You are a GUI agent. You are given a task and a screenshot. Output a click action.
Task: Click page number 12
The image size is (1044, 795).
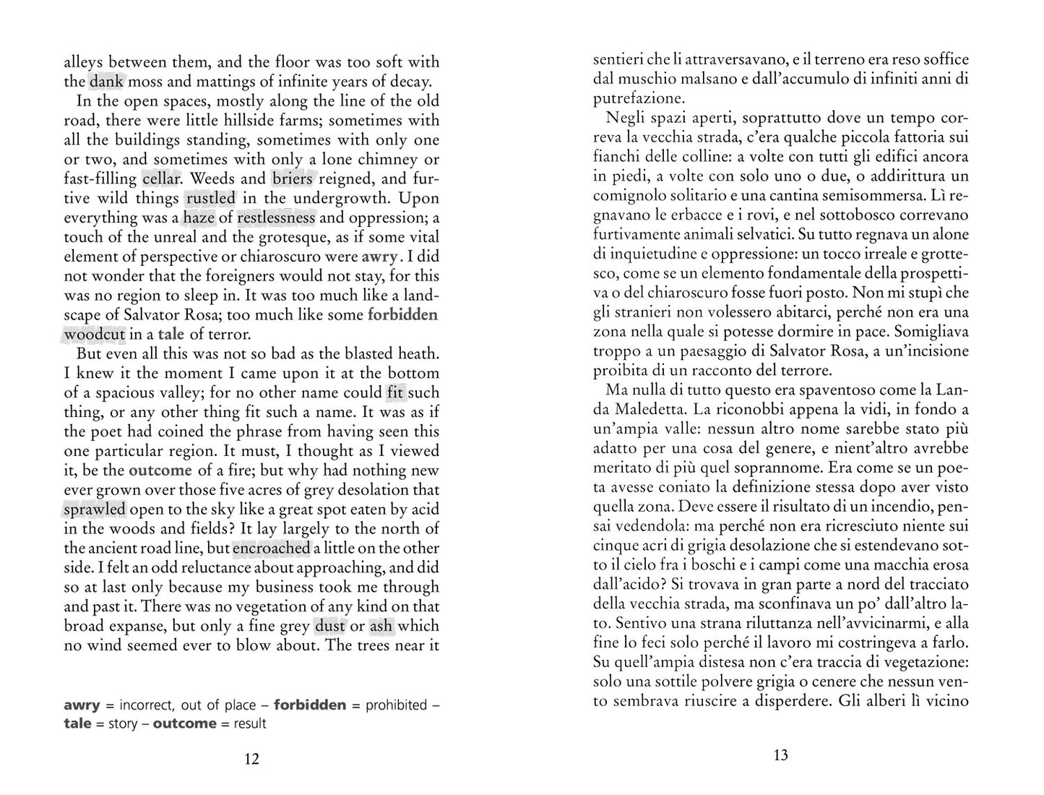(x=251, y=759)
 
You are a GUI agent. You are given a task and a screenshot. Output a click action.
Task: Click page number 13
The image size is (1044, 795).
(x=780, y=755)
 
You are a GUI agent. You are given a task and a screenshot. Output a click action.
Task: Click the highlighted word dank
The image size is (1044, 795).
(x=106, y=82)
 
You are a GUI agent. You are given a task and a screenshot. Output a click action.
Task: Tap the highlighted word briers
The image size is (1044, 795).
(x=293, y=179)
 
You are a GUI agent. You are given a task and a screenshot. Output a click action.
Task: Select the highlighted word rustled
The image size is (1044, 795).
(x=210, y=198)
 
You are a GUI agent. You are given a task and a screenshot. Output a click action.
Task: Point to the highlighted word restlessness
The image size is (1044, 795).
(x=276, y=218)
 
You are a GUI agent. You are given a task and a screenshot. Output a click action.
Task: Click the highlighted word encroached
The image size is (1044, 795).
(x=272, y=549)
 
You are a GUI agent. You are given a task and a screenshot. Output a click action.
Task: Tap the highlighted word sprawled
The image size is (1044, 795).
(x=95, y=510)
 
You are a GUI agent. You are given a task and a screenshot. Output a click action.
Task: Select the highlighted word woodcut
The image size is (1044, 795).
(x=95, y=335)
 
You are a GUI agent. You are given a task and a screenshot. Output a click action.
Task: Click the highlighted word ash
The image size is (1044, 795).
(x=381, y=627)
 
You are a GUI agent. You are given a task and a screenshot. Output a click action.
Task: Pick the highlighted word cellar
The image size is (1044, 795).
(x=160, y=179)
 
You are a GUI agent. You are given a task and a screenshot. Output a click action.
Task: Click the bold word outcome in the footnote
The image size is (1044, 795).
(x=184, y=723)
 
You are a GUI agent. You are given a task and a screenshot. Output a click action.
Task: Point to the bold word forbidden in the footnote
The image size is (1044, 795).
(x=310, y=705)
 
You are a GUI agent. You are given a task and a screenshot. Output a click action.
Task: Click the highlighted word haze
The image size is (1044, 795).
(x=199, y=218)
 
